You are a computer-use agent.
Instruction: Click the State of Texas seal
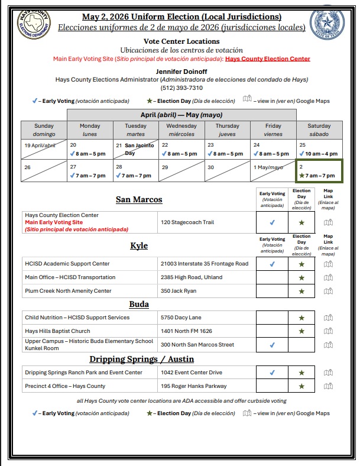coord(326,23)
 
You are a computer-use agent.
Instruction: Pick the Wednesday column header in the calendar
coord(181,130)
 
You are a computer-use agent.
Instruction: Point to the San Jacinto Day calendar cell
coord(135,149)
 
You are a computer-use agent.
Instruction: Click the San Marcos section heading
coord(139,199)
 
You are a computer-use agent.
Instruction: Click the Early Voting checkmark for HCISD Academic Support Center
coord(272,264)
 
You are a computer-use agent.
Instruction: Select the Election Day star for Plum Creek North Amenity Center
coord(302,291)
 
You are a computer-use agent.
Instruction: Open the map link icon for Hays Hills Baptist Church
coord(328,331)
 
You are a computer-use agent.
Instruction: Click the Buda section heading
coord(139,304)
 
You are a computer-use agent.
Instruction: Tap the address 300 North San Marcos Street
coord(197,344)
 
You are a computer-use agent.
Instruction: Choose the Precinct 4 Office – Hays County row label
coord(65,386)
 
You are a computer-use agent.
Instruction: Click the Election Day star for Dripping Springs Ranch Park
coord(302,373)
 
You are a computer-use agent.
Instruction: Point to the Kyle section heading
coord(139,245)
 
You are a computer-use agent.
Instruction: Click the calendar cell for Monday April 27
coord(90,171)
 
